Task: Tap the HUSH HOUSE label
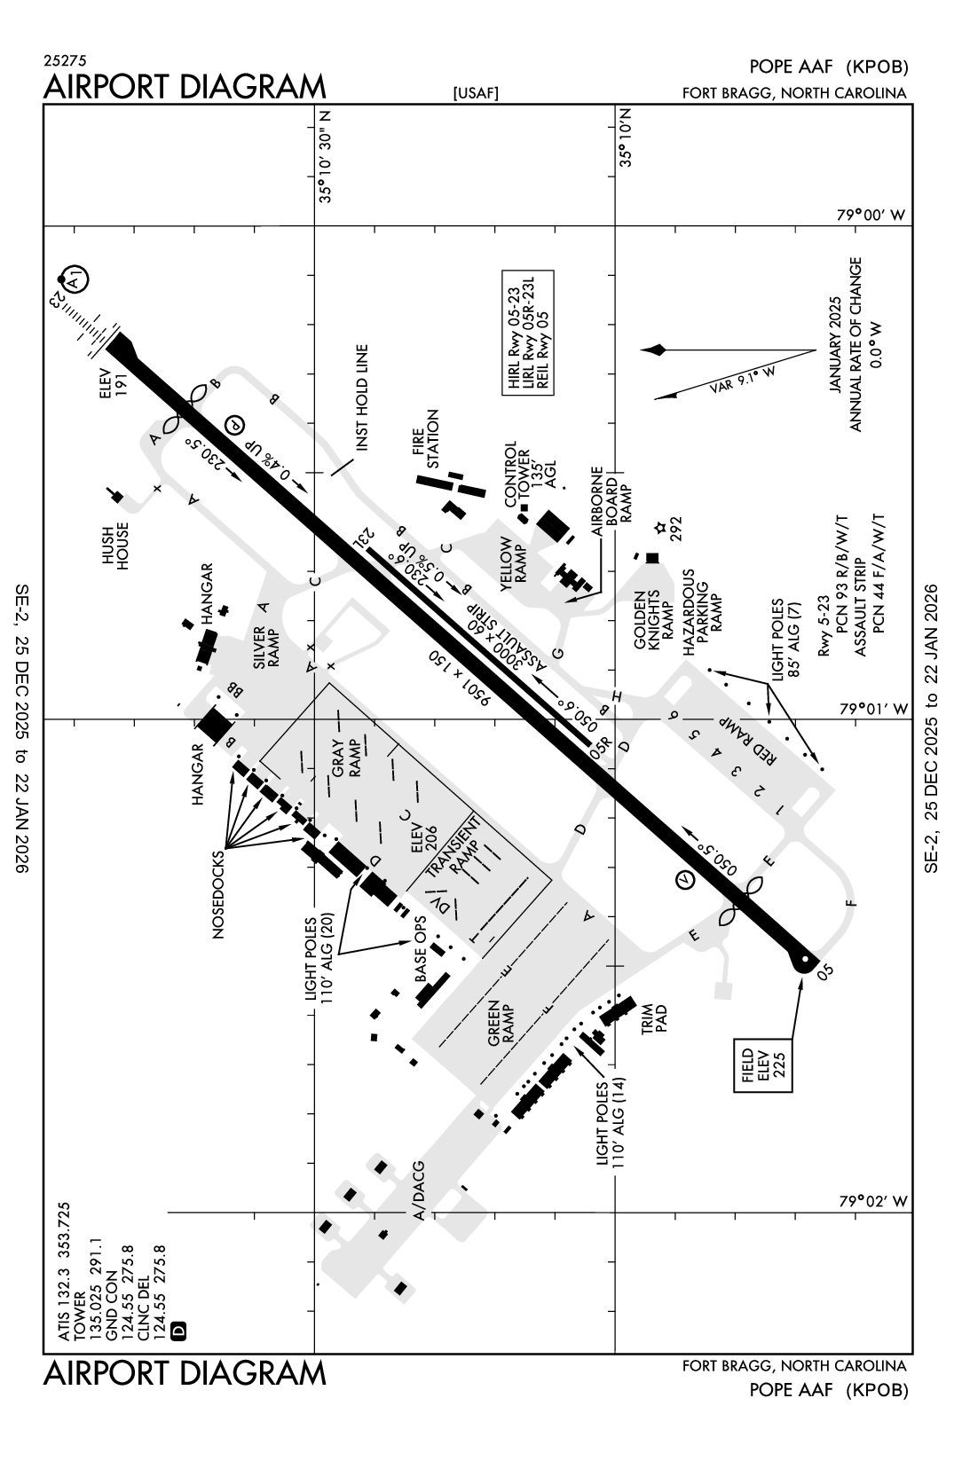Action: click(x=114, y=545)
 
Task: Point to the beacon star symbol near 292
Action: click(x=659, y=529)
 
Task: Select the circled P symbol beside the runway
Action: click(x=234, y=426)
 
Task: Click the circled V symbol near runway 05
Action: click(x=685, y=879)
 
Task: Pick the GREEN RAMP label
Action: click(x=501, y=1025)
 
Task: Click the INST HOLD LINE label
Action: click(x=361, y=398)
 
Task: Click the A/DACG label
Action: click(x=418, y=1192)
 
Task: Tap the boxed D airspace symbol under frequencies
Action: click(x=177, y=1330)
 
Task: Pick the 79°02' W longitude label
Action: click(x=873, y=1201)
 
